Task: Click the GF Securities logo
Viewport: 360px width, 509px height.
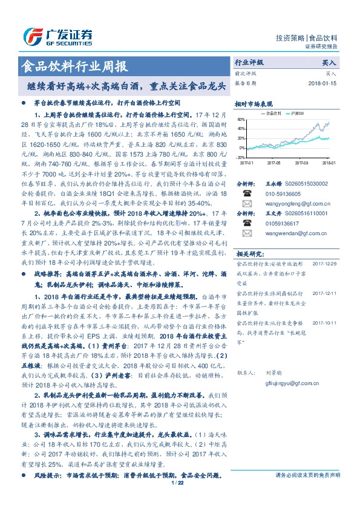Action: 57,35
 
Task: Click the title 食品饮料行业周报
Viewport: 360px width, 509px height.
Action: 73,65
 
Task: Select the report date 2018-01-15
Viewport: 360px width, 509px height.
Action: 321,83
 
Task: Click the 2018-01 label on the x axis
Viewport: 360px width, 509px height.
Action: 329,163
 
